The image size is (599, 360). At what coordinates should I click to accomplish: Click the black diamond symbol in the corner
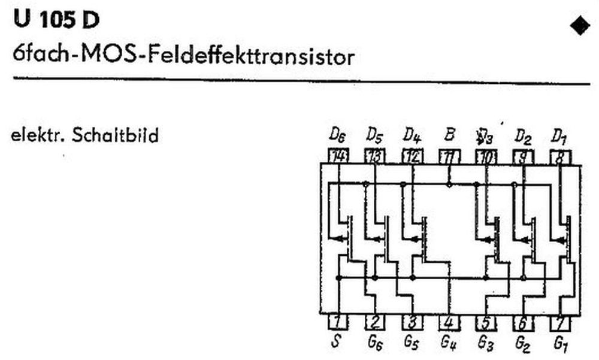[580, 26]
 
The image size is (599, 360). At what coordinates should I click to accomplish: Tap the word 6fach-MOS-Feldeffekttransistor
[183, 58]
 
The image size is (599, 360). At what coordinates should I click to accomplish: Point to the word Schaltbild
[115, 136]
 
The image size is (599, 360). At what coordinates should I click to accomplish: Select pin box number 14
[338, 157]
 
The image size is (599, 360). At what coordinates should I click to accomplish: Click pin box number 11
[449, 157]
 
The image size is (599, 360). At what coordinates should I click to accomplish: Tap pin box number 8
[560, 157]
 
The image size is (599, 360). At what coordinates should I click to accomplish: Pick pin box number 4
[449, 322]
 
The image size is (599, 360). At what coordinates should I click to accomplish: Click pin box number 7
[560, 322]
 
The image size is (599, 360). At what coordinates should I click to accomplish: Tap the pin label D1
[559, 135]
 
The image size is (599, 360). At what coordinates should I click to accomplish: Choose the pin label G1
[560, 344]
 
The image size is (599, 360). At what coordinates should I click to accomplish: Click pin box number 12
[412, 157]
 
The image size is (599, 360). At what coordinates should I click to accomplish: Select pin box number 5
[486, 322]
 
